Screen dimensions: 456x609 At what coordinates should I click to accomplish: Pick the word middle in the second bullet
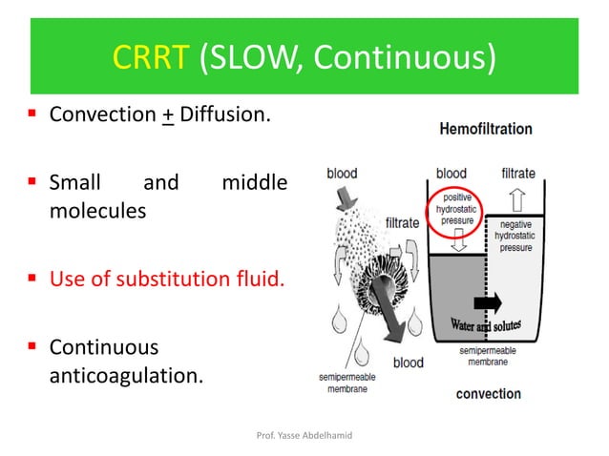(253, 181)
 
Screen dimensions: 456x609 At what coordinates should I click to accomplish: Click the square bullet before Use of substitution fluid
(32, 281)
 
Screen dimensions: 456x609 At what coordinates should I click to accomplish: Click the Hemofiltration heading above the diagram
(486, 129)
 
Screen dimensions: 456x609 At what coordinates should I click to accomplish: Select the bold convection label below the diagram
(488, 393)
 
